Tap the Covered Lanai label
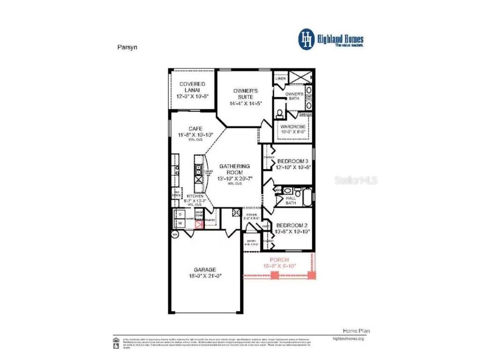[192, 84]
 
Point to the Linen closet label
[281, 79]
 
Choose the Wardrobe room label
[293, 127]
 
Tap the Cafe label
[195, 128]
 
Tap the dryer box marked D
[180, 214]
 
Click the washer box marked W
[180, 224]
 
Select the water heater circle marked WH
[175, 234]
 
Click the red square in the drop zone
[199, 225]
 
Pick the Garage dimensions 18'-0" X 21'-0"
[205, 276]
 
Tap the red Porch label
[279, 260]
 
